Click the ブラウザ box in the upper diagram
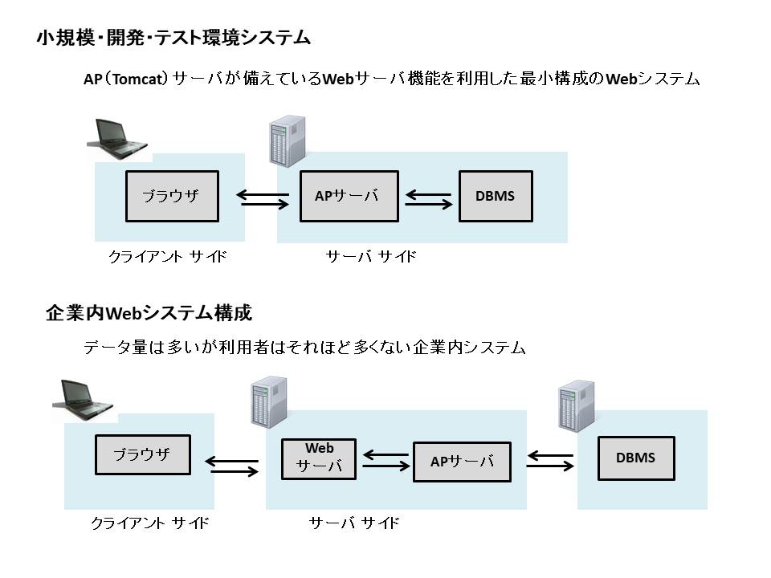pyautogui.click(x=172, y=196)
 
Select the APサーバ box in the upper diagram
pyautogui.click(x=349, y=196)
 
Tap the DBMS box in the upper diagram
pyautogui.click(x=495, y=196)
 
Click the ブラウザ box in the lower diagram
pyautogui.click(x=143, y=454)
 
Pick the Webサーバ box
pyautogui.click(x=319, y=458)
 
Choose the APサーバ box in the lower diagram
pyautogui.click(x=462, y=462)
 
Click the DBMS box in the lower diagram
pyautogui.click(x=635, y=458)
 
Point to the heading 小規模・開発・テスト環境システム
pyautogui.click(x=173, y=37)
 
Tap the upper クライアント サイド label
pyautogui.click(x=167, y=257)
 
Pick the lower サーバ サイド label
pyautogui.click(x=354, y=523)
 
